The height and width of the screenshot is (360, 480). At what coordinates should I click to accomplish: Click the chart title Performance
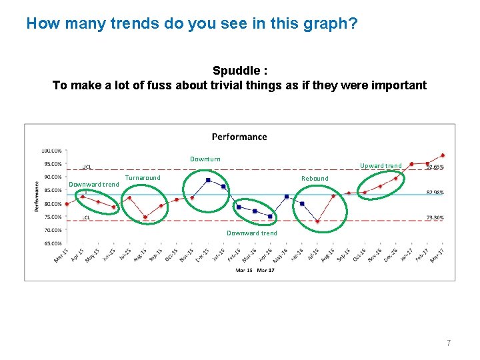coord(239,137)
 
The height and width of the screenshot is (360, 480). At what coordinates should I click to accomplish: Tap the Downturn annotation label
coord(205,159)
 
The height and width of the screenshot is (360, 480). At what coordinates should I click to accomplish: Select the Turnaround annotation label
coord(143,178)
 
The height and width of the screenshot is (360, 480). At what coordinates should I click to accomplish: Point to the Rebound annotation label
coord(315,178)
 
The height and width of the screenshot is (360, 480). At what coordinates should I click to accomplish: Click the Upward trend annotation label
coord(381,165)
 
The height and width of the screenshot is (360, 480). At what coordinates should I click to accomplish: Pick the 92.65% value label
coord(435,167)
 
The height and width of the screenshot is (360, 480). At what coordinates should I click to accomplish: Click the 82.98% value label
coord(435,193)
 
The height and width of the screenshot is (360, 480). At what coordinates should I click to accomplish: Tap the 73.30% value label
coord(435,218)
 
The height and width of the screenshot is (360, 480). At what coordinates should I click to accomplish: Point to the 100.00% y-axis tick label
coord(53,150)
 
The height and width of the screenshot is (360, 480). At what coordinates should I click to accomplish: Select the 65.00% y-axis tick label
coord(53,243)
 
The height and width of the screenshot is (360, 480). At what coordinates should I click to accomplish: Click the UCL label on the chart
coord(87,167)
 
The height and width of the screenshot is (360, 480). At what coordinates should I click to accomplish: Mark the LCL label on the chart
coord(86,218)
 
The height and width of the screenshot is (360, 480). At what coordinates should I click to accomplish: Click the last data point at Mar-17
coord(443,155)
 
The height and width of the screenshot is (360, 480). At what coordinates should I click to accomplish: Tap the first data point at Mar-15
coord(67,204)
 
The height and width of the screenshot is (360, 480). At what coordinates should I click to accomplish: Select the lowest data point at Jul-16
coord(317,221)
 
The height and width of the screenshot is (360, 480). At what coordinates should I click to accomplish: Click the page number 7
coord(449,343)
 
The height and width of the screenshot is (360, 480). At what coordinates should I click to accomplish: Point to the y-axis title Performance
coord(37,197)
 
